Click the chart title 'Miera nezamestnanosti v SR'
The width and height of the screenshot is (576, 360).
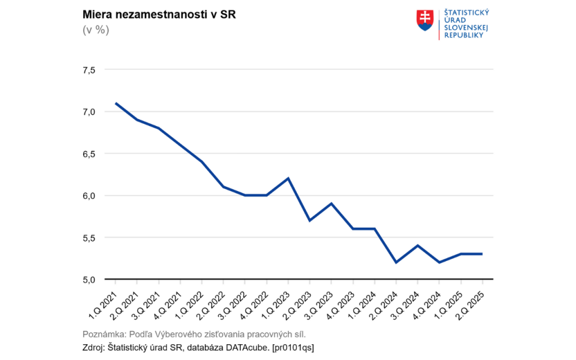pyautogui.click(x=159, y=15)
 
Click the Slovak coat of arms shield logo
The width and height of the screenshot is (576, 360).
pyautogui.click(x=425, y=21)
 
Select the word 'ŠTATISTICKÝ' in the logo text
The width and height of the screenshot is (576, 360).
pyautogui.click(x=466, y=12)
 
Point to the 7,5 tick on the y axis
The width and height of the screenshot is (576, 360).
pyautogui.click(x=89, y=70)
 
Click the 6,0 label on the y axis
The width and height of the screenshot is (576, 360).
pyautogui.click(x=89, y=196)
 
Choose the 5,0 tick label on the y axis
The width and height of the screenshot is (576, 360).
pyautogui.click(x=89, y=280)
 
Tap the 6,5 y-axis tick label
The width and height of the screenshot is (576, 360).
pyautogui.click(x=89, y=154)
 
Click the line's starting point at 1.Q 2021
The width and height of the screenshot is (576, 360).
pyautogui.click(x=115, y=103)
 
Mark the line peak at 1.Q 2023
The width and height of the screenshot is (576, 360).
pyautogui.click(x=288, y=178)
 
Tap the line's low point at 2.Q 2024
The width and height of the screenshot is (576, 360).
pyautogui.click(x=396, y=262)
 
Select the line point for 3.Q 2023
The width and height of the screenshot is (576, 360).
pyautogui.click(x=331, y=204)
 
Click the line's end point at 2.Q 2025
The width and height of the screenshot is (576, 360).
pyautogui.click(x=482, y=254)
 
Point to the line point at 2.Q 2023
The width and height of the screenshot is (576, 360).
pyautogui.click(x=309, y=220)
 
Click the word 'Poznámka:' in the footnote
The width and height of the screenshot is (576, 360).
pyautogui.click(x=105, y=334)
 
